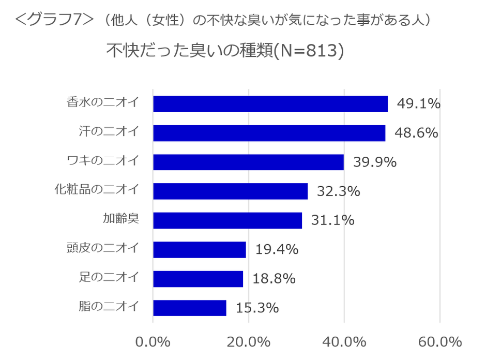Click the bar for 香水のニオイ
[x=270, y=104]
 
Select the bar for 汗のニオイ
[x=269, y=133]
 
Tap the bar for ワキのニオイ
[x=248, y=162]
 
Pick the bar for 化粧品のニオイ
[x=230, y=191]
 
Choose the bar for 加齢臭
[x=227, y=220]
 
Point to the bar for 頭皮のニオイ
[x=199, y=250]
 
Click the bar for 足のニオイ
[x=198, y=279]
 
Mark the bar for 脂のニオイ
[x=189, y=308]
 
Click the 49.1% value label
[x=418, y=104]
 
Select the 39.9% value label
[x=374, y=162]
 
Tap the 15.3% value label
[x=257, y=308]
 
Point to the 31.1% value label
[x=332, y=220]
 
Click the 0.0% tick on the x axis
[x=153, y=342]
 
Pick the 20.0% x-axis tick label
[x=249, y=342]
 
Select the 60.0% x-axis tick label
[x=439, y=342]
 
